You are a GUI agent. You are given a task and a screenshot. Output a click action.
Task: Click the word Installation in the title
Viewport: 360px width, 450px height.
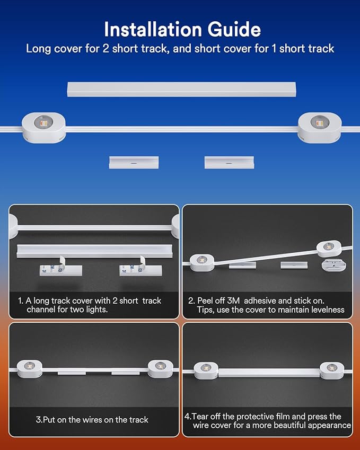(x=153, y=29)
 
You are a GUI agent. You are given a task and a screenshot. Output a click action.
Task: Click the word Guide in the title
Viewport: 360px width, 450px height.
(x=234, y=29)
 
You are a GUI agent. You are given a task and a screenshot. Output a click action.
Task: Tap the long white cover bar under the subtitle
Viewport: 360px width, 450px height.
(x=181, y=90)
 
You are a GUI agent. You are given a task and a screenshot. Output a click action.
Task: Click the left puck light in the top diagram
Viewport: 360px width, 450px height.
(x=43, y=127)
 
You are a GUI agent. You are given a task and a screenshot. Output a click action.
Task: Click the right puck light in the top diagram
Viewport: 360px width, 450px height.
(x=320, y=127)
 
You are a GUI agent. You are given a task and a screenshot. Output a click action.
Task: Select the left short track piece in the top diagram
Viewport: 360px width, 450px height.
(x=134, y=162)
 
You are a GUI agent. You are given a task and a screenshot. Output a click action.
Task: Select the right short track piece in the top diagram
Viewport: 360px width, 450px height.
(x=229, y=162)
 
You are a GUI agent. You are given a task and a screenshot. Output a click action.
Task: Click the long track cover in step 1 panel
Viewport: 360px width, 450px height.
(x=94, y=251)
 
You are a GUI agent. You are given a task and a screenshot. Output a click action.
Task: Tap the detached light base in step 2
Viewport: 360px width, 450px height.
(x=333, y=265)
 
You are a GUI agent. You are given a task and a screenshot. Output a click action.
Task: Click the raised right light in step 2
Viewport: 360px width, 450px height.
(x=329, y=248)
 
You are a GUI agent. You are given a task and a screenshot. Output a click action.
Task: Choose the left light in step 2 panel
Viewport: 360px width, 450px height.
(x=202, y=262)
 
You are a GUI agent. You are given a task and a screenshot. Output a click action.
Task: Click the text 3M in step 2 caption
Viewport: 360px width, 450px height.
(x=233, y=301)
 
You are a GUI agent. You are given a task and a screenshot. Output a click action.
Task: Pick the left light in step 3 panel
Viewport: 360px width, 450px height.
(x=30, y=368)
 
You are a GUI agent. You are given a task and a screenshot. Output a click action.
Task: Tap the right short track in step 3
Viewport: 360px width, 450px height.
(x=126, y=373)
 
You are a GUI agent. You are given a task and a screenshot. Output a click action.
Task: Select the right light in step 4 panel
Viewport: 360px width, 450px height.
(x=331, y=370)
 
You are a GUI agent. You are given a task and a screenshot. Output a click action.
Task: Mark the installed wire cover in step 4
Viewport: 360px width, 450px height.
(x=269, y=373)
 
